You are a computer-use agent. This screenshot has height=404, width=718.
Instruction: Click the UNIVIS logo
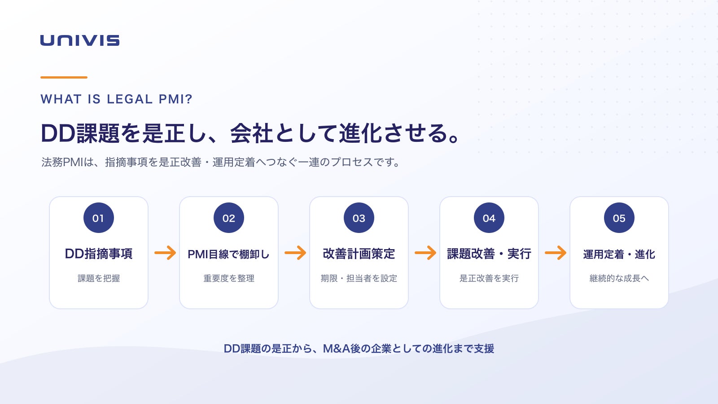[x=80, y=40]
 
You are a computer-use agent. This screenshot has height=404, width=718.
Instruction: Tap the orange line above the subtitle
[x=64, y=77]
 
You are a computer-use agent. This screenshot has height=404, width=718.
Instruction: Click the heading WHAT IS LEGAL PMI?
[x=116, y=99]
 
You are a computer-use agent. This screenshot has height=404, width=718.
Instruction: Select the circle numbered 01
[x=99, y=218]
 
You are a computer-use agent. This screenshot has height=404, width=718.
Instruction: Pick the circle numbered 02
[x=229, y=218]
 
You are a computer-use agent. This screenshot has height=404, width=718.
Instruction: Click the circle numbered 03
[x=359, y=218]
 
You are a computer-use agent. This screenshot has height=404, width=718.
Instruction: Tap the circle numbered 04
[x=489, y=218]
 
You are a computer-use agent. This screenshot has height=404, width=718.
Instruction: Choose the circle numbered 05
[x=619, y=218]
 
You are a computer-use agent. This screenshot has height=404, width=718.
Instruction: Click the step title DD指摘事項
[x=99, y=254]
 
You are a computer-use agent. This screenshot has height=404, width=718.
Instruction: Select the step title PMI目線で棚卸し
[x=228, y=254]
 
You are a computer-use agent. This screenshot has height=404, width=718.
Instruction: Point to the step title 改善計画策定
[x=359, y=254]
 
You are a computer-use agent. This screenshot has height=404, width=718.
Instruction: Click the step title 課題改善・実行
[x=489, y=254]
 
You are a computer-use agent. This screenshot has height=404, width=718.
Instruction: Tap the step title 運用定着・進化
[x=619, y=254]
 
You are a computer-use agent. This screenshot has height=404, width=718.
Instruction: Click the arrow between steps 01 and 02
[x=165, y=253]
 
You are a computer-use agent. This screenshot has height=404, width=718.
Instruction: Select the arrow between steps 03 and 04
[x=425, y=253]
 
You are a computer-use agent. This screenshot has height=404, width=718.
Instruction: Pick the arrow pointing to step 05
[x=556, y=253]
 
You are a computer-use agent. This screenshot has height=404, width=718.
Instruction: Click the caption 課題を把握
[x=99, y=278]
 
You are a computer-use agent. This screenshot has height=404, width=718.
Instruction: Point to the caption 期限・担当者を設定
[x=359, y=278]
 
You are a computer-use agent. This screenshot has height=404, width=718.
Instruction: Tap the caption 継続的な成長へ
[x=619, y=278]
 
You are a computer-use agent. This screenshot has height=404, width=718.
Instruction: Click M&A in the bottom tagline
[x=336, y=348]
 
